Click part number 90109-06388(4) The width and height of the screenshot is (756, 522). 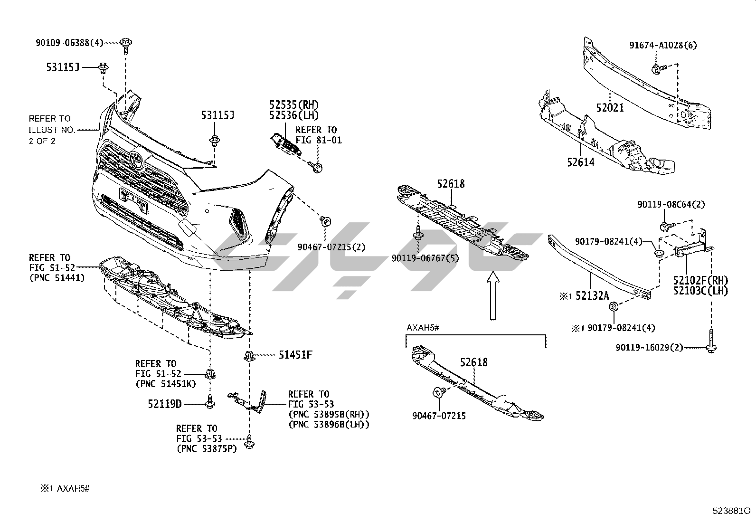(x=69, y=43)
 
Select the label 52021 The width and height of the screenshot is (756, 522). (x=610, y=108)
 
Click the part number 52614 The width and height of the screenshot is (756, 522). (x=580, y=162)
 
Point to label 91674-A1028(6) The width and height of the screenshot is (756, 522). (x=663, y=46)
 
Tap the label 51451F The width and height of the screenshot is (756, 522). (x=295, y=354)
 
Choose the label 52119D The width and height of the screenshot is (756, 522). (x=164, y=404)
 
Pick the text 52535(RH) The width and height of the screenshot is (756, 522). (x=294, y=105)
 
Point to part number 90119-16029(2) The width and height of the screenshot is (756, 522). (x=650, y=348)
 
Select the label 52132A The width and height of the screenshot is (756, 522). (x=592, y=296)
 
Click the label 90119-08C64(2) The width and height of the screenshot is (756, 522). (x=671, y=205)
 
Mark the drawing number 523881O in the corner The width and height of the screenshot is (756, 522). (x=731, y=512)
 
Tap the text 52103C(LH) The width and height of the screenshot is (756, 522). (x=700, y=291)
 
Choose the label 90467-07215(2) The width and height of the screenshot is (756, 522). (x=331, y=247)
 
